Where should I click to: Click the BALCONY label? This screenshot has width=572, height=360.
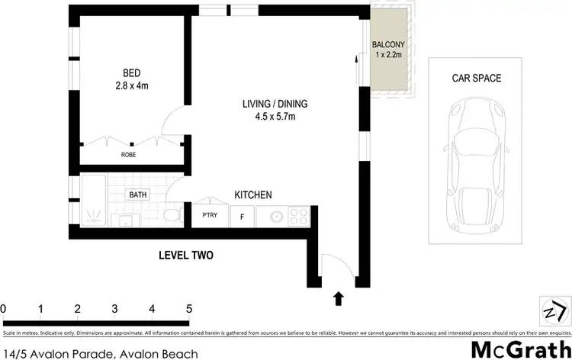tap(387, 45)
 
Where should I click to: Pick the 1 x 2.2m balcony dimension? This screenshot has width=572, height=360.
tap(387, 55)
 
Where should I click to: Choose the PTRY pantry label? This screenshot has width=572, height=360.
tap(210, 215)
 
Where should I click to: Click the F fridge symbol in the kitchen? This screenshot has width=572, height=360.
tap(243, 216)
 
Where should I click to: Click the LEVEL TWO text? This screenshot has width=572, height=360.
tap(185, 256)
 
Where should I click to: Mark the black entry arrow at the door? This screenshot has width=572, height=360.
tap(337, 297)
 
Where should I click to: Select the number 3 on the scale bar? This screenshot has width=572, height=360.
tap(114, 309)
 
